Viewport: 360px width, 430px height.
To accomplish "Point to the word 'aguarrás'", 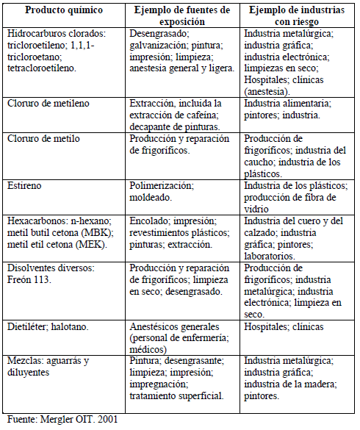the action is [67, 361].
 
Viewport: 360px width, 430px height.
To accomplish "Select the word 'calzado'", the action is [262, 232].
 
